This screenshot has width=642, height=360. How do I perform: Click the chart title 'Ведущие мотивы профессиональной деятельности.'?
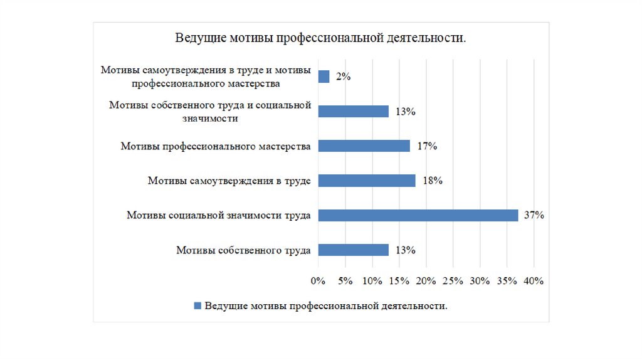(x=320, y=39)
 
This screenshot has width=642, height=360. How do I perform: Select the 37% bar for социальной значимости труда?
(x=418, y=215)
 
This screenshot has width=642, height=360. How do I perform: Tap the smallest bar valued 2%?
(x=324, y=77)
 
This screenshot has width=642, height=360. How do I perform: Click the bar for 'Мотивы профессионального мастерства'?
(x=364, y=146)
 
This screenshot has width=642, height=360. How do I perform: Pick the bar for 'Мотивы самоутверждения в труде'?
(x=367, y=181)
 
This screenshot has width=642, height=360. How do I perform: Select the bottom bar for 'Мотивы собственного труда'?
(x=354, y=250)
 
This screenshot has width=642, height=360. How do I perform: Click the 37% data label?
(x=534, y=215)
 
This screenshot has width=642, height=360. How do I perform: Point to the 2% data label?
(x=343, y=77)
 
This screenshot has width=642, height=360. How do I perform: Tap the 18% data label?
(x=433, y=181)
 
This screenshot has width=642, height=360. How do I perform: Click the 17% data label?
(x=427, y=146)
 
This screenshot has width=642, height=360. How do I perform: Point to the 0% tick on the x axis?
(x=318, y=281)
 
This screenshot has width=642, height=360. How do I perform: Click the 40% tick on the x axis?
(x=534, y=281)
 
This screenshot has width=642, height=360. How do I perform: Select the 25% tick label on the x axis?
(x=453, y=281)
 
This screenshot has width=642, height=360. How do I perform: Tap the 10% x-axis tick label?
(x=372, y=281)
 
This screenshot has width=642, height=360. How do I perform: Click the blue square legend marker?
(x=197, y=306)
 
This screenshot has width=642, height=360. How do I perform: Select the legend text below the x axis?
(x=326, y=306)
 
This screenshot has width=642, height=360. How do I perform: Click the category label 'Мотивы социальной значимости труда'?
(x=219, y=216)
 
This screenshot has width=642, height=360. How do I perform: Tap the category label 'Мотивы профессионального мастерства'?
(x=216, y=146)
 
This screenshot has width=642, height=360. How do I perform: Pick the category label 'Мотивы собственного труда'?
(x=243, y=250)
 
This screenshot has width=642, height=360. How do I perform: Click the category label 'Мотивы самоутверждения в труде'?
(x=229, y=181)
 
